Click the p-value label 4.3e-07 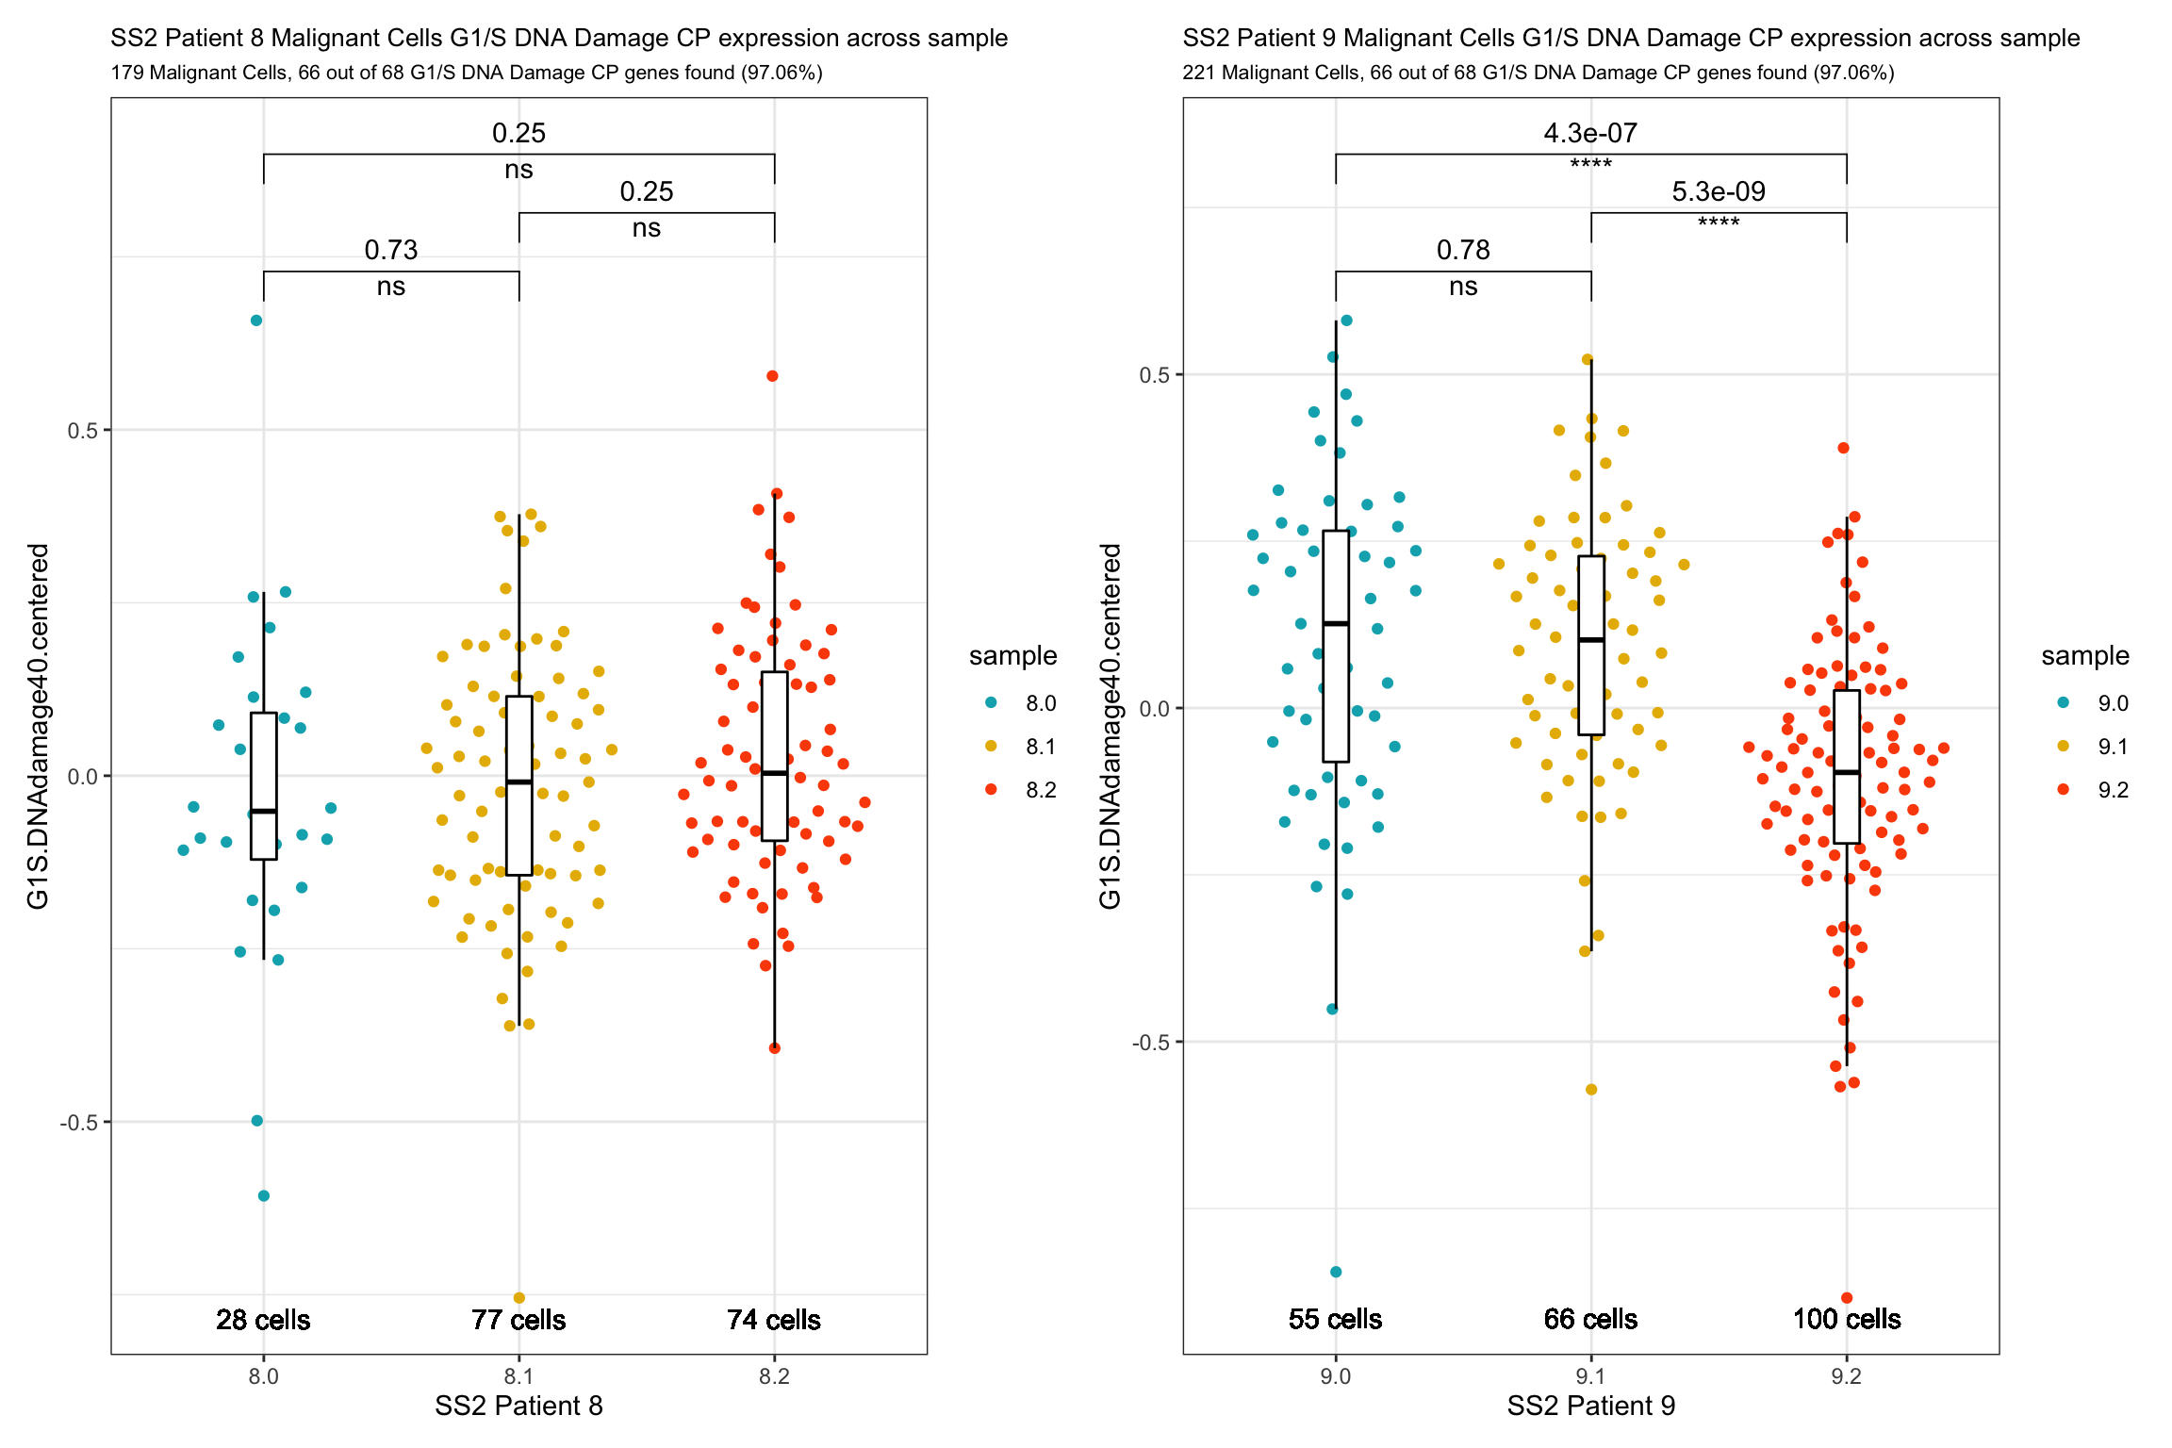click(x=1589, y=133)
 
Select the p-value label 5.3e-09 click(x=1718, y=191)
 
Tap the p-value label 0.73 click(x=391, y=250)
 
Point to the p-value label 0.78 click(x=1462, y=250)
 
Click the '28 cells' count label click(x=263, y=1319)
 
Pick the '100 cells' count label click(x=1846, y=1319)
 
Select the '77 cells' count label click(x=518, y=1319)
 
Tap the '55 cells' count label click(x=1335, y=1319)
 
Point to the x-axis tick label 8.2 click(x=774, y=1376)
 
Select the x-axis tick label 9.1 click(x=1590, y=1376)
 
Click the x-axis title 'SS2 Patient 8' click(x=518, y=1406)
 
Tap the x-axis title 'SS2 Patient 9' click(x=1590, y=1406)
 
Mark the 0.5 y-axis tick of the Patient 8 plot click(x=82, y=431)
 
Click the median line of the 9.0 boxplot click(x=1335, y=623)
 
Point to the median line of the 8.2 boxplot click(x=774, y=773)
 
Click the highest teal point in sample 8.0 click(x=256, y=321)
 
